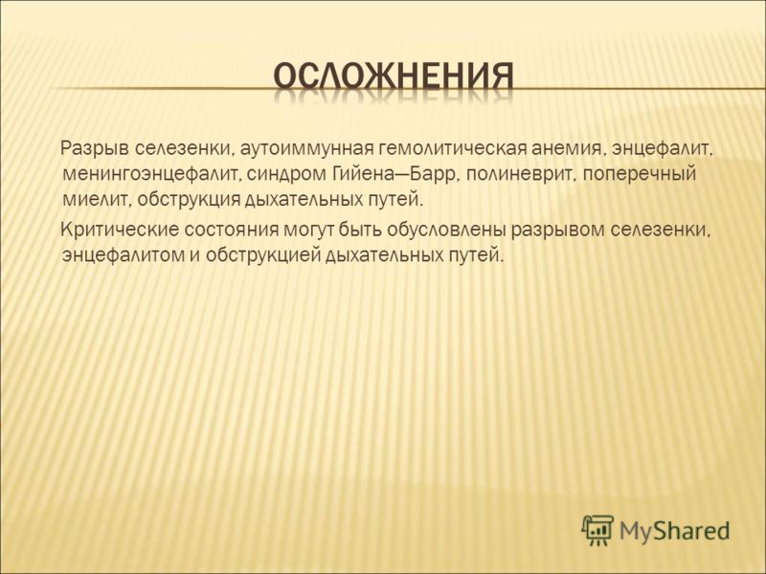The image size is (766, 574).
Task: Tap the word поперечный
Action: coord(637,174)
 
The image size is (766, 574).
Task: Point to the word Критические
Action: coord(119,230)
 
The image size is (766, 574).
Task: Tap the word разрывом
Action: coord(557,230)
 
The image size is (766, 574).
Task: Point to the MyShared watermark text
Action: coord(675,531)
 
